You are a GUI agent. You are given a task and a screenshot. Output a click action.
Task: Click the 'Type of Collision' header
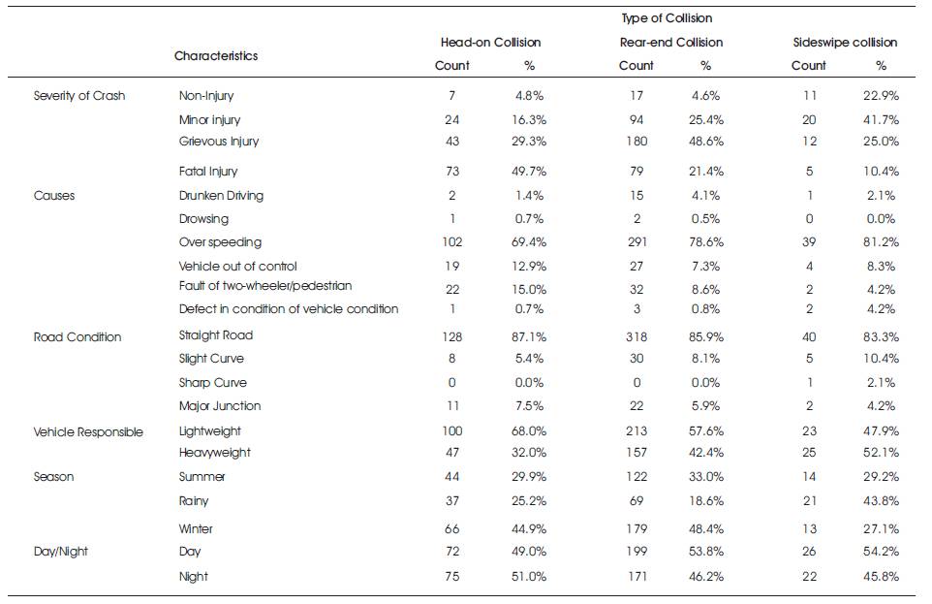(667, 18)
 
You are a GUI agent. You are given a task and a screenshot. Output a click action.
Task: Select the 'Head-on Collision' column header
(490, 43)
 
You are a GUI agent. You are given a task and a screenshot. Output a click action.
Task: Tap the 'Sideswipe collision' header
(845, 43)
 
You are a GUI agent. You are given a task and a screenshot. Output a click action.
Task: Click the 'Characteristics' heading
(216, 56)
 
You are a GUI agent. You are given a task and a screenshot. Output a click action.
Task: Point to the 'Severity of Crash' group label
(79, 96)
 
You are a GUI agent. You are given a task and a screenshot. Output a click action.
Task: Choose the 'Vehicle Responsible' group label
(88, 432)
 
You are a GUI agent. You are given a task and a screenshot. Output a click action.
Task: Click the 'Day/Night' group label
(61, 552)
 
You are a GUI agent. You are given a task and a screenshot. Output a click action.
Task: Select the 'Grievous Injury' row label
(219, 142)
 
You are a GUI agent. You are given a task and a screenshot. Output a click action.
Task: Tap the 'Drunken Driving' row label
(221, 195)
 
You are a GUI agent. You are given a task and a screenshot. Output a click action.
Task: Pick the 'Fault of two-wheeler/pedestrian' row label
(265, 286)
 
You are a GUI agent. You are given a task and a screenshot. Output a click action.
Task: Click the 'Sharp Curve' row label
(213, 383)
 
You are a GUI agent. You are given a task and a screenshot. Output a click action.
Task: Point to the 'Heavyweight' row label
(214, 453)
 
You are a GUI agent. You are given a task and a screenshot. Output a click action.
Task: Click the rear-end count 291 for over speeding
(636, 242)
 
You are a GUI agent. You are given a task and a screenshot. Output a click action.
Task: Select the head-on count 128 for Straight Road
(451, 336)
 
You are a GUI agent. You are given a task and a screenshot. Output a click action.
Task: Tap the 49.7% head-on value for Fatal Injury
(529, 172)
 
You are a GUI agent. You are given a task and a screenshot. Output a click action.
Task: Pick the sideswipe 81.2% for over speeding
(881, 242)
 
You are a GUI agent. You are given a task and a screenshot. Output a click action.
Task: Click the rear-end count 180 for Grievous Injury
(636, 142)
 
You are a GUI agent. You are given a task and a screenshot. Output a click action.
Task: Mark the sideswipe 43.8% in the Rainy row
(881, 501)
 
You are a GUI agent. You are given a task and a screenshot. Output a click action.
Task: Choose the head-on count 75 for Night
(451, 577)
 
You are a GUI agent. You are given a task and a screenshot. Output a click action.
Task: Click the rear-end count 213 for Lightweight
(636, 430)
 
